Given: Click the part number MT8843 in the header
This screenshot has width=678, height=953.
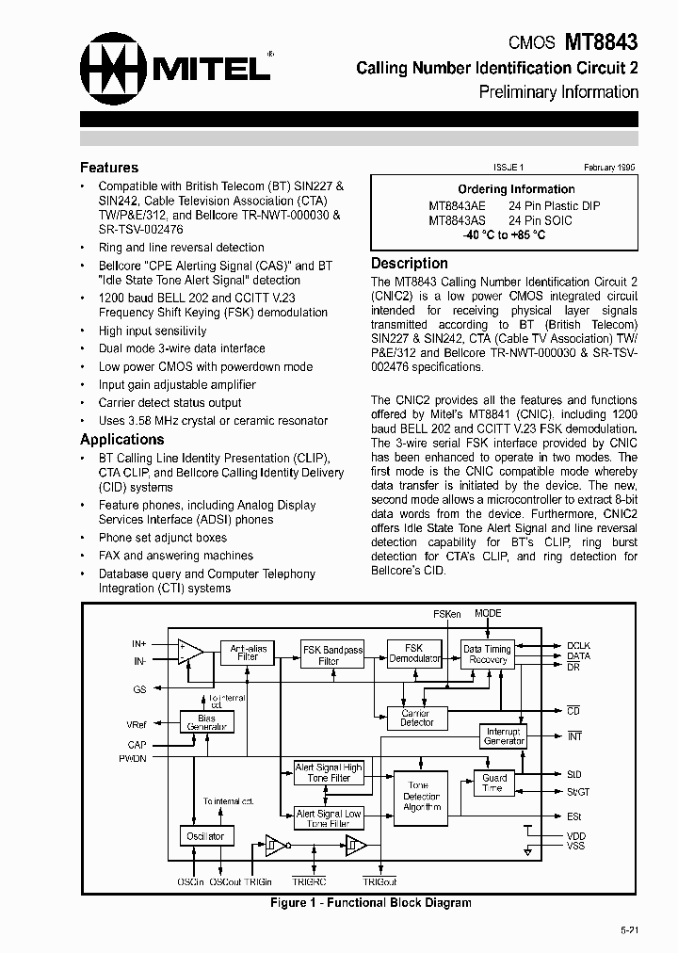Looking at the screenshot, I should pyautogui.click(x=601, y=42).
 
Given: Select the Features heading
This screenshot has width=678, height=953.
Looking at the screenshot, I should pyautogui.click(x=109, y=168).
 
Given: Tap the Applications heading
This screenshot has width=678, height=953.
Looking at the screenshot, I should pyautogui.click(x=122, y=440).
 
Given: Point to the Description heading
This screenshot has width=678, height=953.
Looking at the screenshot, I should pyautogui.click(x=410, y=264).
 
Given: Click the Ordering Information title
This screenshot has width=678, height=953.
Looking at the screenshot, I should pyautogui.click(x=516, y=189).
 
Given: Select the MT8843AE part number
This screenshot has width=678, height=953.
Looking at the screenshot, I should pyautogui.click(x=458, y=205).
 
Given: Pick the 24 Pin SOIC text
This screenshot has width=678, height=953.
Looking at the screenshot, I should pyautogui.click(x=541, y=220).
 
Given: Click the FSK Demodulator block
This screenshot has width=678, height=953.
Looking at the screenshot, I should pyautogui.click(x=414, y=654).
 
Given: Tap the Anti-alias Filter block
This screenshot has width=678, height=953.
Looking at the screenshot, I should pyautogui.click(x=248, y=653).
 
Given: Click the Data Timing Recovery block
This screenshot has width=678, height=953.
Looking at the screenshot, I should pyautogui.click(x=487, y=654).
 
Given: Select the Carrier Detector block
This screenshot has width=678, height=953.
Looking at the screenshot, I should pyautogui.click(x=417, y=718).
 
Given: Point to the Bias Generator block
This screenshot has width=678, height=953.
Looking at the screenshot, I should pyautogui.click(x=206, y=722).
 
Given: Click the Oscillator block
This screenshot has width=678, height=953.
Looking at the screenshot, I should pyautogui.click(x=205, y=836).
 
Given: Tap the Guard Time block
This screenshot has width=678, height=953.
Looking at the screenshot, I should pyautogui.click(x=494, y=783).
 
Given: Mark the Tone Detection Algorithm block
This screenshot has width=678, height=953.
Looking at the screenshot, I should pyautogui.click(x=421, y=796).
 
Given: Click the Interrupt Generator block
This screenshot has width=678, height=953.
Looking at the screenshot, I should pyautogui.click(x=504, y=736).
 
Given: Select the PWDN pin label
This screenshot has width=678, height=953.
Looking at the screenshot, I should pyautogui.click(x=132, y=758).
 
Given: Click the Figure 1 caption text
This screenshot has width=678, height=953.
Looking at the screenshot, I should pyautogui.click(x=370, y=902).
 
